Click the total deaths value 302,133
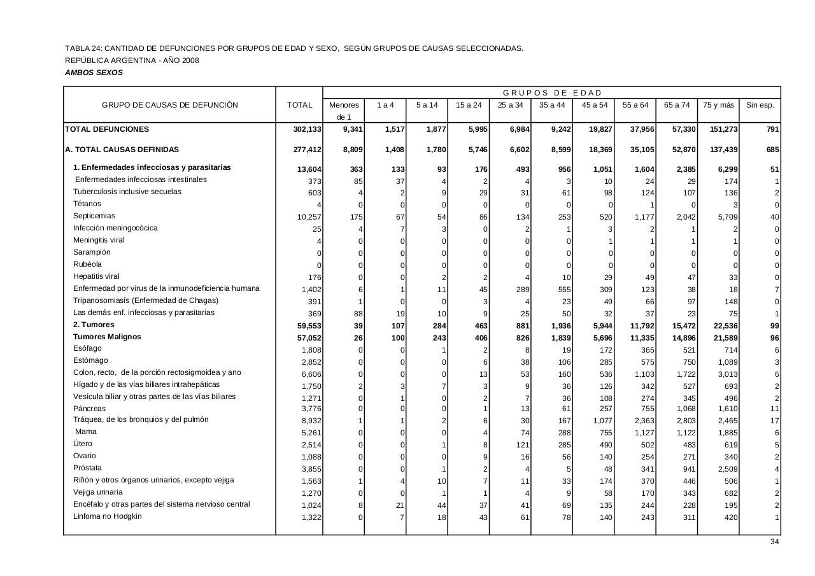pos(307,129)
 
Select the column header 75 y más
pos(718,105)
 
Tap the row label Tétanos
pos(87,204)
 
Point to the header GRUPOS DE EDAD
pos(552,93)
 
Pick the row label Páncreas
pos(90,409)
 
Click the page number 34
pos(774,542)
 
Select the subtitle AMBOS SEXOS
pos(94,73)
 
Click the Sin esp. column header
pos(760,105)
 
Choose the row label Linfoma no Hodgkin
pos(108,516)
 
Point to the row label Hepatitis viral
pos(96,276)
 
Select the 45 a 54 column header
pos(594,105)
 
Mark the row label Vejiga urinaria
pos(98,492)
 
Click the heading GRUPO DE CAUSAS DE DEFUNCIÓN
pos(170,105)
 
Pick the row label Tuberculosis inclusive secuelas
pos(127,192)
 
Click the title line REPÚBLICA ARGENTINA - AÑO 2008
pos(132,60)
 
